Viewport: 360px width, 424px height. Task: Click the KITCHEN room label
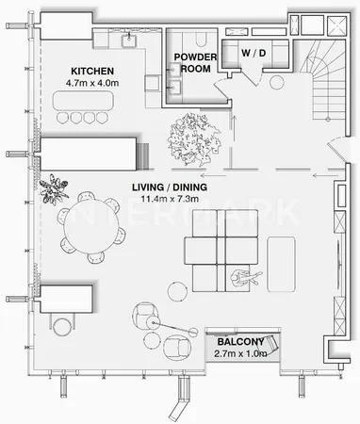point(92,72)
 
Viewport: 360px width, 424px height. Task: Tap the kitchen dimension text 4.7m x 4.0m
point(92,83)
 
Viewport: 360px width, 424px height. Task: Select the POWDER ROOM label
point(195,63)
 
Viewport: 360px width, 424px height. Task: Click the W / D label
point(254,53)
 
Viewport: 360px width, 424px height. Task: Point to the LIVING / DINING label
point(170,188)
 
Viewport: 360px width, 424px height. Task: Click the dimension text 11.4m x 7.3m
point(170,199)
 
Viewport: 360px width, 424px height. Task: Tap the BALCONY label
point(240,342)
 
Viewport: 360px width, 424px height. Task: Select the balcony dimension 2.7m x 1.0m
point(240,353)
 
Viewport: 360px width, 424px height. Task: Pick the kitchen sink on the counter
point(129,40)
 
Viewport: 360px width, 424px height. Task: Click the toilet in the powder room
point(201,38)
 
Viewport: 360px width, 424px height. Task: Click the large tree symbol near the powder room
point(194,139)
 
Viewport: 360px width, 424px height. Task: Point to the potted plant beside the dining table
point(54,189)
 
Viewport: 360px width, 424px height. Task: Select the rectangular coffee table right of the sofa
point(281,265)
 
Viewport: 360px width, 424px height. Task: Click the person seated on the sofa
point(245,277)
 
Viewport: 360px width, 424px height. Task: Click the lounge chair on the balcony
point(271,343)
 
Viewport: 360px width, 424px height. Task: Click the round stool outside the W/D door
point(277,83)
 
